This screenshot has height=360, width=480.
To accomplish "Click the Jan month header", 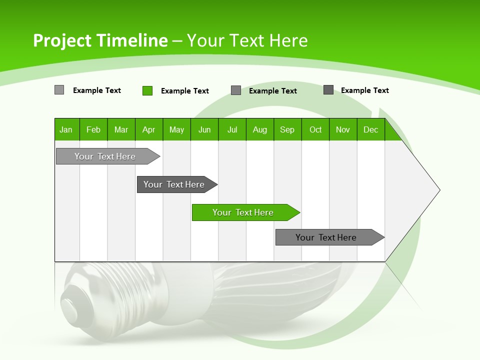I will click(66, 129).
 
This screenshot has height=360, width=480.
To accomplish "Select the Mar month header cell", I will click(121, 129).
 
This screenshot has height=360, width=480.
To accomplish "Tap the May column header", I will click(176, 129).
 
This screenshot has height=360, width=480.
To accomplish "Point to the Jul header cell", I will click(232, 129).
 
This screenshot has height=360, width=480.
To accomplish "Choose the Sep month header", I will click(287, 129).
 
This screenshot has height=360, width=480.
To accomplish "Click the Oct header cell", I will click(315, 129).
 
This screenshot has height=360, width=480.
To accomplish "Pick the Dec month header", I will click(370, 129).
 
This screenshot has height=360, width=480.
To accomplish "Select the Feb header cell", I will click(93, 129).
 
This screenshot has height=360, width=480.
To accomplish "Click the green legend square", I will click(147, 90).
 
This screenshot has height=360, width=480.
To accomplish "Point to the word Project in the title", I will click(62, 40).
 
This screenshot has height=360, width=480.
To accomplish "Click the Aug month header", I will click(259, 129).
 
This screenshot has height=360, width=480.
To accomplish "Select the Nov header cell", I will click(343, 129).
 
